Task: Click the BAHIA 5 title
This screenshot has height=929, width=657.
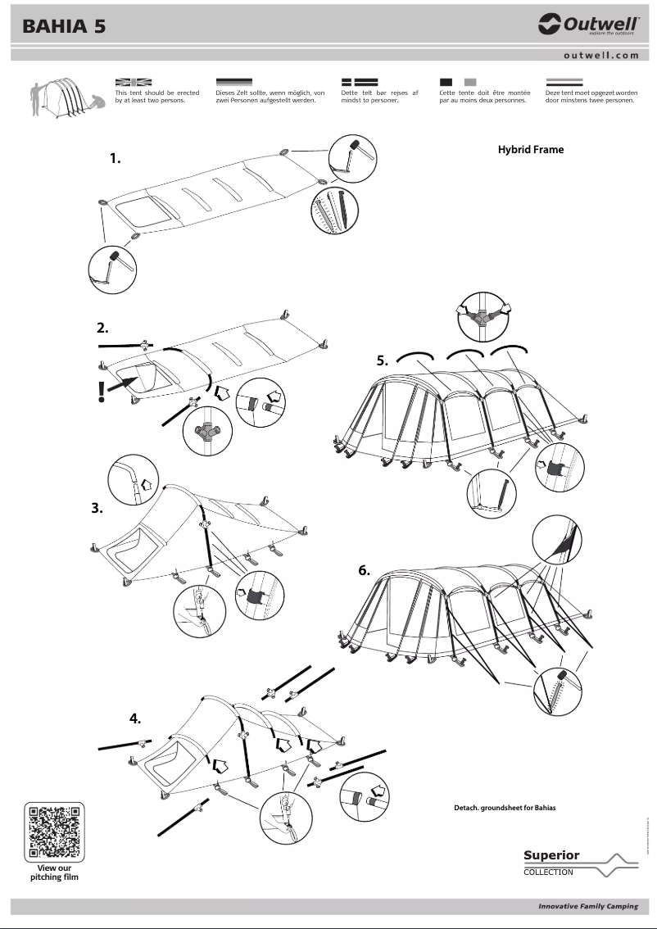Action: pos(64,27)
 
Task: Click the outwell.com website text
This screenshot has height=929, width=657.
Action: pos(600,55)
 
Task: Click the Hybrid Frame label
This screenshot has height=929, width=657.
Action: pos(530,150)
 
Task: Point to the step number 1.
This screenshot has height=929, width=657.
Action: pos(116,159)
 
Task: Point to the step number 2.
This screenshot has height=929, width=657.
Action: pos(102,328)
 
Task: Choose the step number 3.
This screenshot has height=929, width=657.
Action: pos(97,508)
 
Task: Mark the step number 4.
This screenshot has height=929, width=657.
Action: pos(135,719)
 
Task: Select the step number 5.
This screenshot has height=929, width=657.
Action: pos(382,360)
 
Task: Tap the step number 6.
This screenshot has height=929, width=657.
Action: pos(365,571)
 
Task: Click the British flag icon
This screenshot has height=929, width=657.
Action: pos(134,83)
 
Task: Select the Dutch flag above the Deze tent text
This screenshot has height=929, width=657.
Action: pos(564,83)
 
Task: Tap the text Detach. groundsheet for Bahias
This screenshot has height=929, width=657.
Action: pos(505,808)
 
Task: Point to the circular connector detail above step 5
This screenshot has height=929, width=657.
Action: pos(484,314)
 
